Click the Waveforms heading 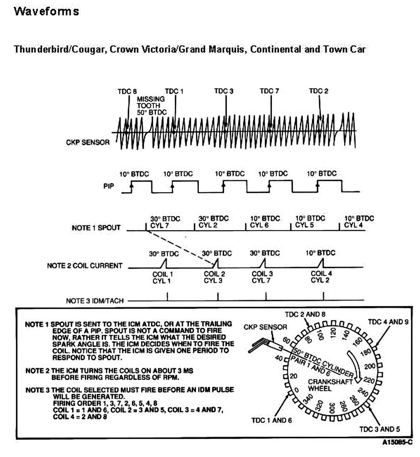[46, 11]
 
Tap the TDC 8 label [127, 91]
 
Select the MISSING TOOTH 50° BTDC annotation [152, 106]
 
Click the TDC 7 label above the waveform [269, 91]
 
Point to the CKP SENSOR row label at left [88, 142]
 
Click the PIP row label [109, 186]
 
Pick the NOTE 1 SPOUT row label [96, 228]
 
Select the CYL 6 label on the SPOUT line [259, 225]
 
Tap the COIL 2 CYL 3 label [214, 277]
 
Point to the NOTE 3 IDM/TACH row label [95, 301]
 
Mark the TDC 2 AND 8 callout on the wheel [305, 315]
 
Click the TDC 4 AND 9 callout [388, 322]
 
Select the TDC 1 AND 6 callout [271, 420]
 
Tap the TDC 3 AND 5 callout [379, 429]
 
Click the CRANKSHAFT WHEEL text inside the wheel [325, 385]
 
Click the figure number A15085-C [397, 442]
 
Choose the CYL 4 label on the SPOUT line [353, 225]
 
